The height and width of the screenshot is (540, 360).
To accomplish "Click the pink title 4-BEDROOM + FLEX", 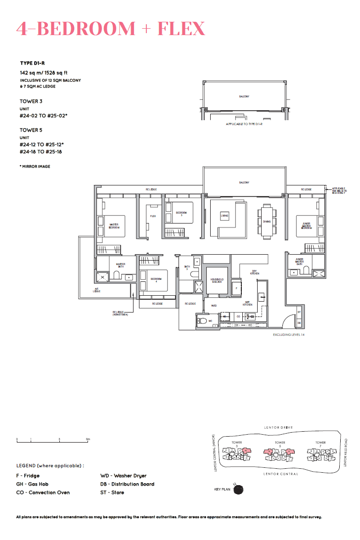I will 111,29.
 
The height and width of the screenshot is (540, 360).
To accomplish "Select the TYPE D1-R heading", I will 33,63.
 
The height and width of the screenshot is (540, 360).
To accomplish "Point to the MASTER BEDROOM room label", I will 114,226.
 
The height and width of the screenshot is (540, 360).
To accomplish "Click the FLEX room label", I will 153,216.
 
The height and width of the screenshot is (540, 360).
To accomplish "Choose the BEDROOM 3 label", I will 181,214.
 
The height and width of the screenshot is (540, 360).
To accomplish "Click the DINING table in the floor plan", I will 267,221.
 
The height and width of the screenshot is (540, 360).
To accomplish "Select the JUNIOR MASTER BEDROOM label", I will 306,225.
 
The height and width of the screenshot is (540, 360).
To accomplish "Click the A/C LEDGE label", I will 97,291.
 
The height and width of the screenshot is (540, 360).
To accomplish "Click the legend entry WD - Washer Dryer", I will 123,476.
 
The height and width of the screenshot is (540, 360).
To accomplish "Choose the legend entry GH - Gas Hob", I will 32,484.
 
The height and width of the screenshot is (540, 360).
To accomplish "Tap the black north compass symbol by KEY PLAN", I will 239,490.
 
